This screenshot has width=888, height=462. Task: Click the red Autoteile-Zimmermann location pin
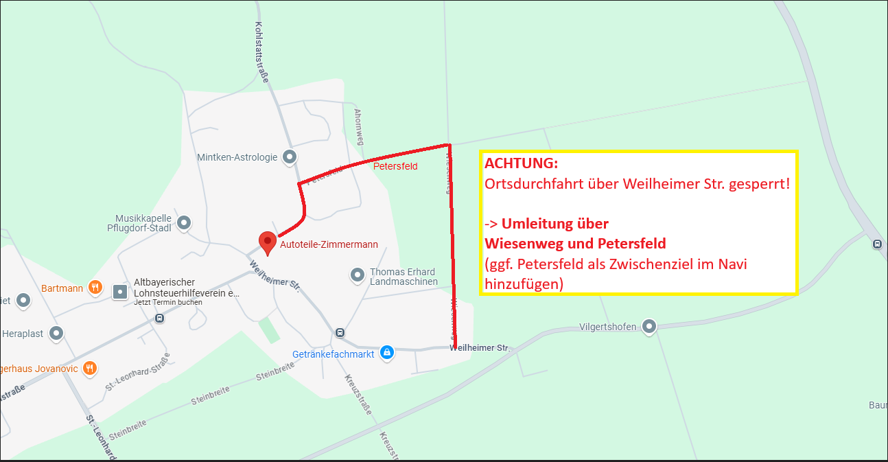[x=267, y=242]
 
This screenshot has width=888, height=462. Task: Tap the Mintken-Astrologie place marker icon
[x=290, y=157]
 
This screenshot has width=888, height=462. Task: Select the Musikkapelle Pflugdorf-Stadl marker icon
[x=184, y=222]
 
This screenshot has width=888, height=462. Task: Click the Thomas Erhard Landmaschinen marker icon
[x=357, y=275]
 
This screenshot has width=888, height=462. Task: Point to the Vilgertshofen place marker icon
[x=649, y=326]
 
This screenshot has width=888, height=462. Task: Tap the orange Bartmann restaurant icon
[x=96, y=288]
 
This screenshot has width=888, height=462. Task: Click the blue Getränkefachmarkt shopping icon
[x=386, y=352]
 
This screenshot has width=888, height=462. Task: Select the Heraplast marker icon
[x=56, y=334]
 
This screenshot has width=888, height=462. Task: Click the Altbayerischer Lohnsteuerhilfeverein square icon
[x=120, y=291]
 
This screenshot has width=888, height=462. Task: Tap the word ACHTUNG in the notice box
[x=522, y=164]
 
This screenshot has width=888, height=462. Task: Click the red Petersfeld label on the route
[x=395, y=166]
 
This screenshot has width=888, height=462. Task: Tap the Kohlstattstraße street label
[x=261, y=51]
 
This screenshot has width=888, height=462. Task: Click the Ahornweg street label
[x=358, y=126]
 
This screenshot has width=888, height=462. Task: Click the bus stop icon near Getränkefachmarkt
[x=340, y=333]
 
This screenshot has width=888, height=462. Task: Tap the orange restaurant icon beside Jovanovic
[x=89, y=369]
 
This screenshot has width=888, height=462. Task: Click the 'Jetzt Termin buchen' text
[x=163, y=303]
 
